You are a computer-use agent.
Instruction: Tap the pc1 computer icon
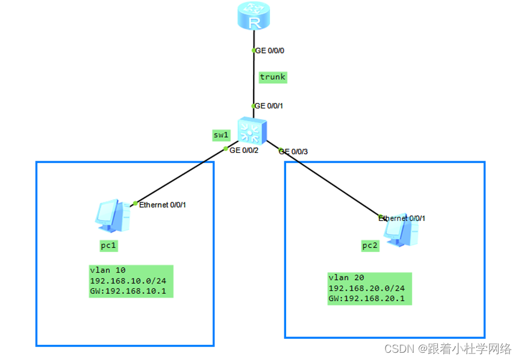pyautogui.click(x=113, y=216)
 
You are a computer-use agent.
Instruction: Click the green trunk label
pyautogui.click(x=272, y=77)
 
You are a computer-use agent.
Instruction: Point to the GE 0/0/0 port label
pyautogui.click(x=270, y=51)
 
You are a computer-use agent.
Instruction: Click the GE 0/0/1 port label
pyautogui.click(x=269, y=105)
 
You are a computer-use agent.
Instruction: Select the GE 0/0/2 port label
pyautogui.click(x=244, y=150)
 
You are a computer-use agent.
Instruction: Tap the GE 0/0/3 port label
pyautogui.click(x=293, y=151)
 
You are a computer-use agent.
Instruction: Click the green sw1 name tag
pyautogui.click(x=220, y=135)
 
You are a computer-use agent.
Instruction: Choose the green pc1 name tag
pyautogui.click(x=109, y=246)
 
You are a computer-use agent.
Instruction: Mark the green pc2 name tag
pyautogui.click(x=370, y=246)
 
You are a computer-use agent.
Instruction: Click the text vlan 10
pyautogui.click(x=107, y=270)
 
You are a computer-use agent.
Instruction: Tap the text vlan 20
pyautogui.click(x=346, y=278)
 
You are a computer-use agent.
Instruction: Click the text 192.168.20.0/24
pyautogui.click(x=366, y=288)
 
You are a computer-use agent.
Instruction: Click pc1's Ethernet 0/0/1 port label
pyautogui.click(x=163, y=205)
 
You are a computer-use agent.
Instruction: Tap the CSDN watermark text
pyautogui.click(x=448, y=349)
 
